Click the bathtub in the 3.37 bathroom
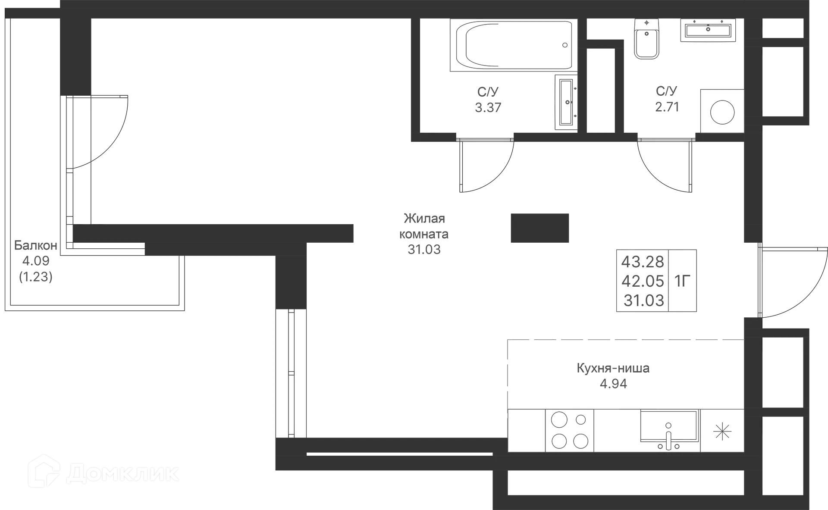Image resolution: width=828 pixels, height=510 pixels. coord(515,45)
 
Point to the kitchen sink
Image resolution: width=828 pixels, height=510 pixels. coord(668,430)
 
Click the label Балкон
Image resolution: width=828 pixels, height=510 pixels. coord(36,245)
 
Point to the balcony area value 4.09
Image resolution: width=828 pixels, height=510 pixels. coord(36,260)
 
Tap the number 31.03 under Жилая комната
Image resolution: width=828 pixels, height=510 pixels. coord(424,249)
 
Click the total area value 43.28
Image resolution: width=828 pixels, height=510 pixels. coord(643,261)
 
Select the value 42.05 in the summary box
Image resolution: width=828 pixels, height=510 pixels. coord(643,281)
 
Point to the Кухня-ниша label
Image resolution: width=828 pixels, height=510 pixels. coord(613,369)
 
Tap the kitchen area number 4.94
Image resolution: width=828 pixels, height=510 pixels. coord(612,383)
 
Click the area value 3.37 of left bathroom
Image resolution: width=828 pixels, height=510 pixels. coord(488,106)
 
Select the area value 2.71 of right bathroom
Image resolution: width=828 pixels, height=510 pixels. coord(667,106)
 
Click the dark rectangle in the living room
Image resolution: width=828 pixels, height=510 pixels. coord(539,228)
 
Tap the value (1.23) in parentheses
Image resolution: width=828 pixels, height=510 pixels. coord(36,276)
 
